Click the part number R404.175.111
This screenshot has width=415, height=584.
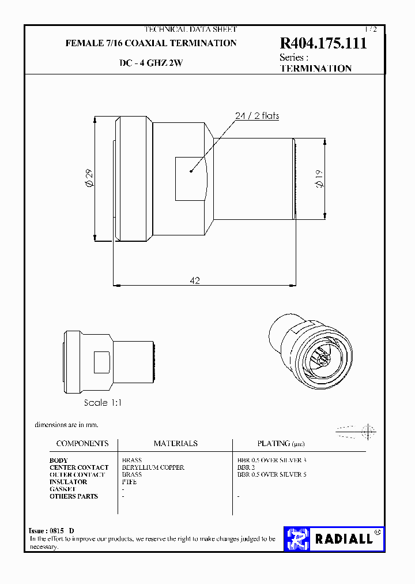point(323,44)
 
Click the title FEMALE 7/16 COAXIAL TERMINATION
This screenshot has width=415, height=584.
point(151,43)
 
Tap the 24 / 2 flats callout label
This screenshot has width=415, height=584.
point(257,116)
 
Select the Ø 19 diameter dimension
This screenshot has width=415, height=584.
point(320,179)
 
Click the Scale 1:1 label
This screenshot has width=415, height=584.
point(103,403)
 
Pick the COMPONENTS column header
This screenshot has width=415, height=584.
point(82,443)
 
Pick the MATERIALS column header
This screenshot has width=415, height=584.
point(175,443)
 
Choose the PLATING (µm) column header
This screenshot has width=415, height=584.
point(281,443)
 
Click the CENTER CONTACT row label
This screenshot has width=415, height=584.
point(79,467)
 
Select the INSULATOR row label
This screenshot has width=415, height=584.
point(69,482)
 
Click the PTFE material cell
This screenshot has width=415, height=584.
point(129,482)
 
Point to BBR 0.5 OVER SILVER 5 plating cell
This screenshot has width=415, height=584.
point(272,474)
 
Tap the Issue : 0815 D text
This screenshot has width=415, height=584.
point(51,531)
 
